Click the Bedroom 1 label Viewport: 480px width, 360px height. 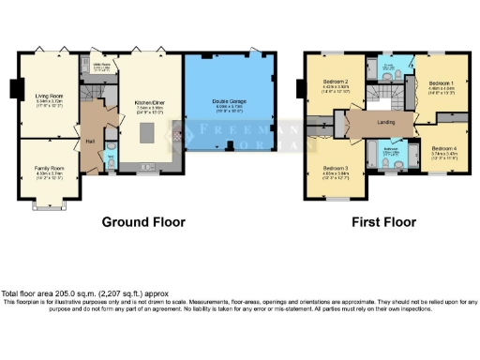pos(442,83)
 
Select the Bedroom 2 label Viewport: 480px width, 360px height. pos(336,82)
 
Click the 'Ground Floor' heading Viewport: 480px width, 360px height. pos(143,223)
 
